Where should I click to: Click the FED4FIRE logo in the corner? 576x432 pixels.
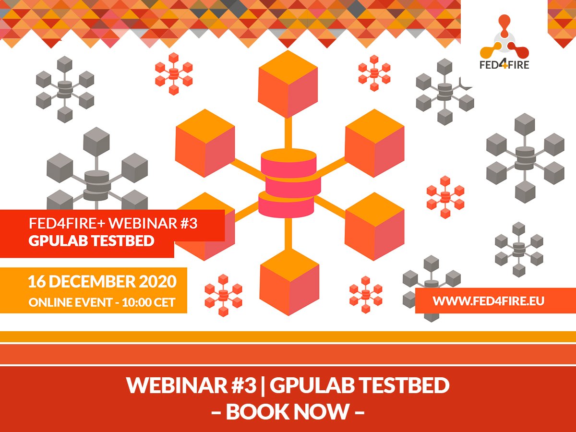tap(504, 42)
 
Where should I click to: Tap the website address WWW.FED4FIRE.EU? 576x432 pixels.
tap(488, 301)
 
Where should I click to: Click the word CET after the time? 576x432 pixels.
tap(164, 302)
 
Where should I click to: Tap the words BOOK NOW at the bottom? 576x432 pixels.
tap(288, 411)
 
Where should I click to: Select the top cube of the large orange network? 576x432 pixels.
tap(288, 84)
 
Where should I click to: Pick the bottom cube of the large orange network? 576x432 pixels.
tap(289, 282)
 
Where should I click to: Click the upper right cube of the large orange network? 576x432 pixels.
tap(374, 143)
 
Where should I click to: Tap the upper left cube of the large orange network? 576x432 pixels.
tap(205, 143)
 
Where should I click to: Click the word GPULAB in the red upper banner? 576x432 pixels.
tap(58, 241)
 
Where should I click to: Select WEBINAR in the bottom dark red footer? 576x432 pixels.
tap(177, 385)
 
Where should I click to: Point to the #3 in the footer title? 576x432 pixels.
tap(244, 385)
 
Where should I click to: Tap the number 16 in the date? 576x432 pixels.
tap(37, 281)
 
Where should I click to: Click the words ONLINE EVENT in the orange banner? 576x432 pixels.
tap(71, 302)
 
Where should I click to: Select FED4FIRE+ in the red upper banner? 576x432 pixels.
tap(67, 224)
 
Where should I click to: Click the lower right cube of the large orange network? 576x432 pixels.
tap(374, 227)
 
